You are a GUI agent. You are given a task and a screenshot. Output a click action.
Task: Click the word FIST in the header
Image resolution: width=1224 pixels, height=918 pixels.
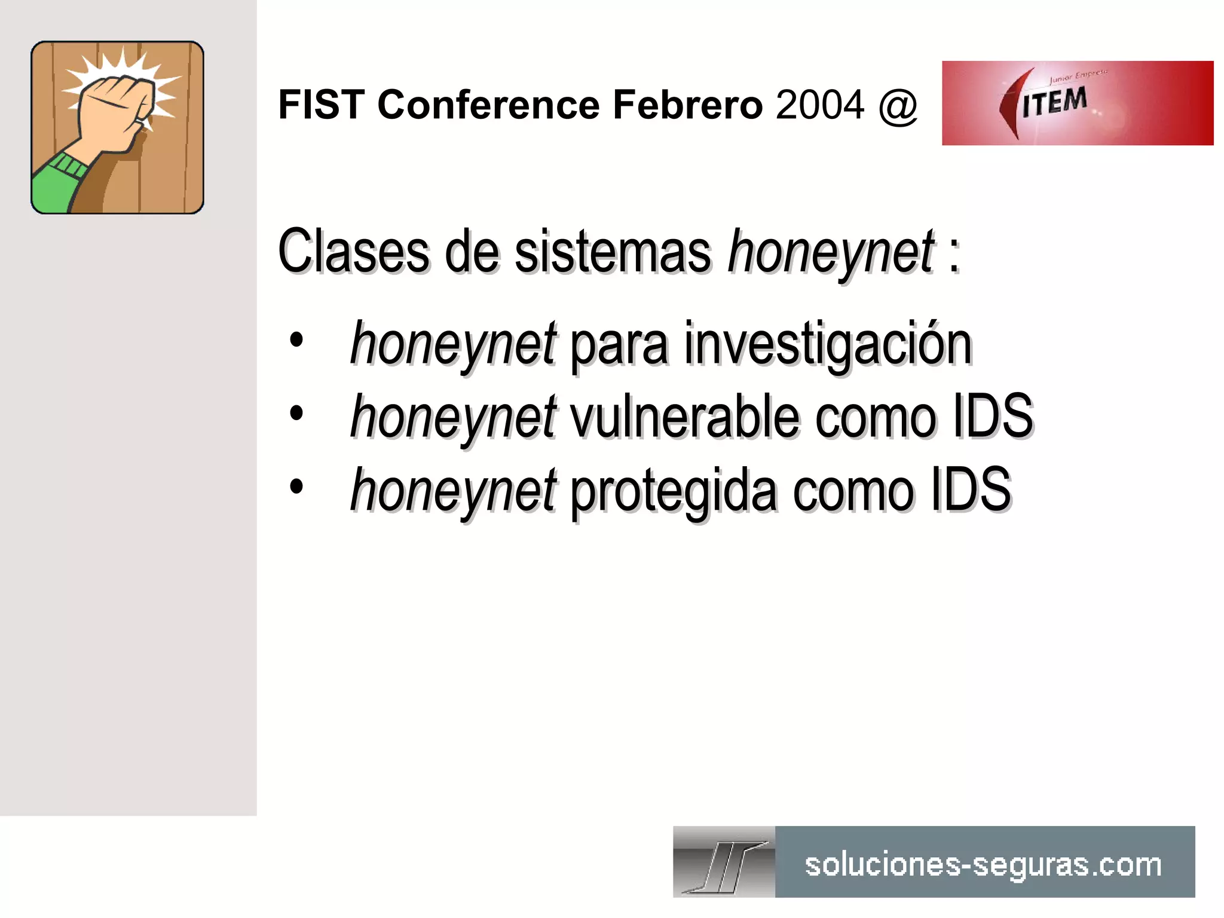pos(322,105)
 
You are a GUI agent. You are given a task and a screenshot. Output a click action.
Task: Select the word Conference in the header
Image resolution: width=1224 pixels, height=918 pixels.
pos(488,105)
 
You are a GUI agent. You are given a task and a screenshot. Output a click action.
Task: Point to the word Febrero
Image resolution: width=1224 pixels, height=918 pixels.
pos(688,105)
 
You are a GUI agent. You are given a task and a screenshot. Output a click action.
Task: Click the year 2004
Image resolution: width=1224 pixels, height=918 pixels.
pos(820,105)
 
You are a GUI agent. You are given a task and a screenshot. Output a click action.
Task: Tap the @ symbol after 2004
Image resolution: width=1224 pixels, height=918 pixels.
pos(898,106)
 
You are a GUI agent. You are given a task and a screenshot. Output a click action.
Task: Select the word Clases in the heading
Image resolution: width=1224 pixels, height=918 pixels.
pos(353,252)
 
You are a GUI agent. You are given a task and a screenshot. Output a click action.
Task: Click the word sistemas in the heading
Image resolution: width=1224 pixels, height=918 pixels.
pos(613,252)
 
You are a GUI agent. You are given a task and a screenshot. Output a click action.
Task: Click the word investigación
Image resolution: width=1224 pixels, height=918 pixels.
pos(828,345)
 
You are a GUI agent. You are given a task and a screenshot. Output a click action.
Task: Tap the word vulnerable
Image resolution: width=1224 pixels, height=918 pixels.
pos(685,417)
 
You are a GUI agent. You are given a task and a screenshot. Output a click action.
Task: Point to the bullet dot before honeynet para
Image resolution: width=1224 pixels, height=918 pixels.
pos(296,341)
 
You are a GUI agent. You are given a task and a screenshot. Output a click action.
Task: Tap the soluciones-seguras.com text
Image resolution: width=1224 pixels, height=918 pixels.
pos(983,865)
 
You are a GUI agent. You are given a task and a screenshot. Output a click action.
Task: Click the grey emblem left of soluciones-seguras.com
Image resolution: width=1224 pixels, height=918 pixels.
pos(724,862)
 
